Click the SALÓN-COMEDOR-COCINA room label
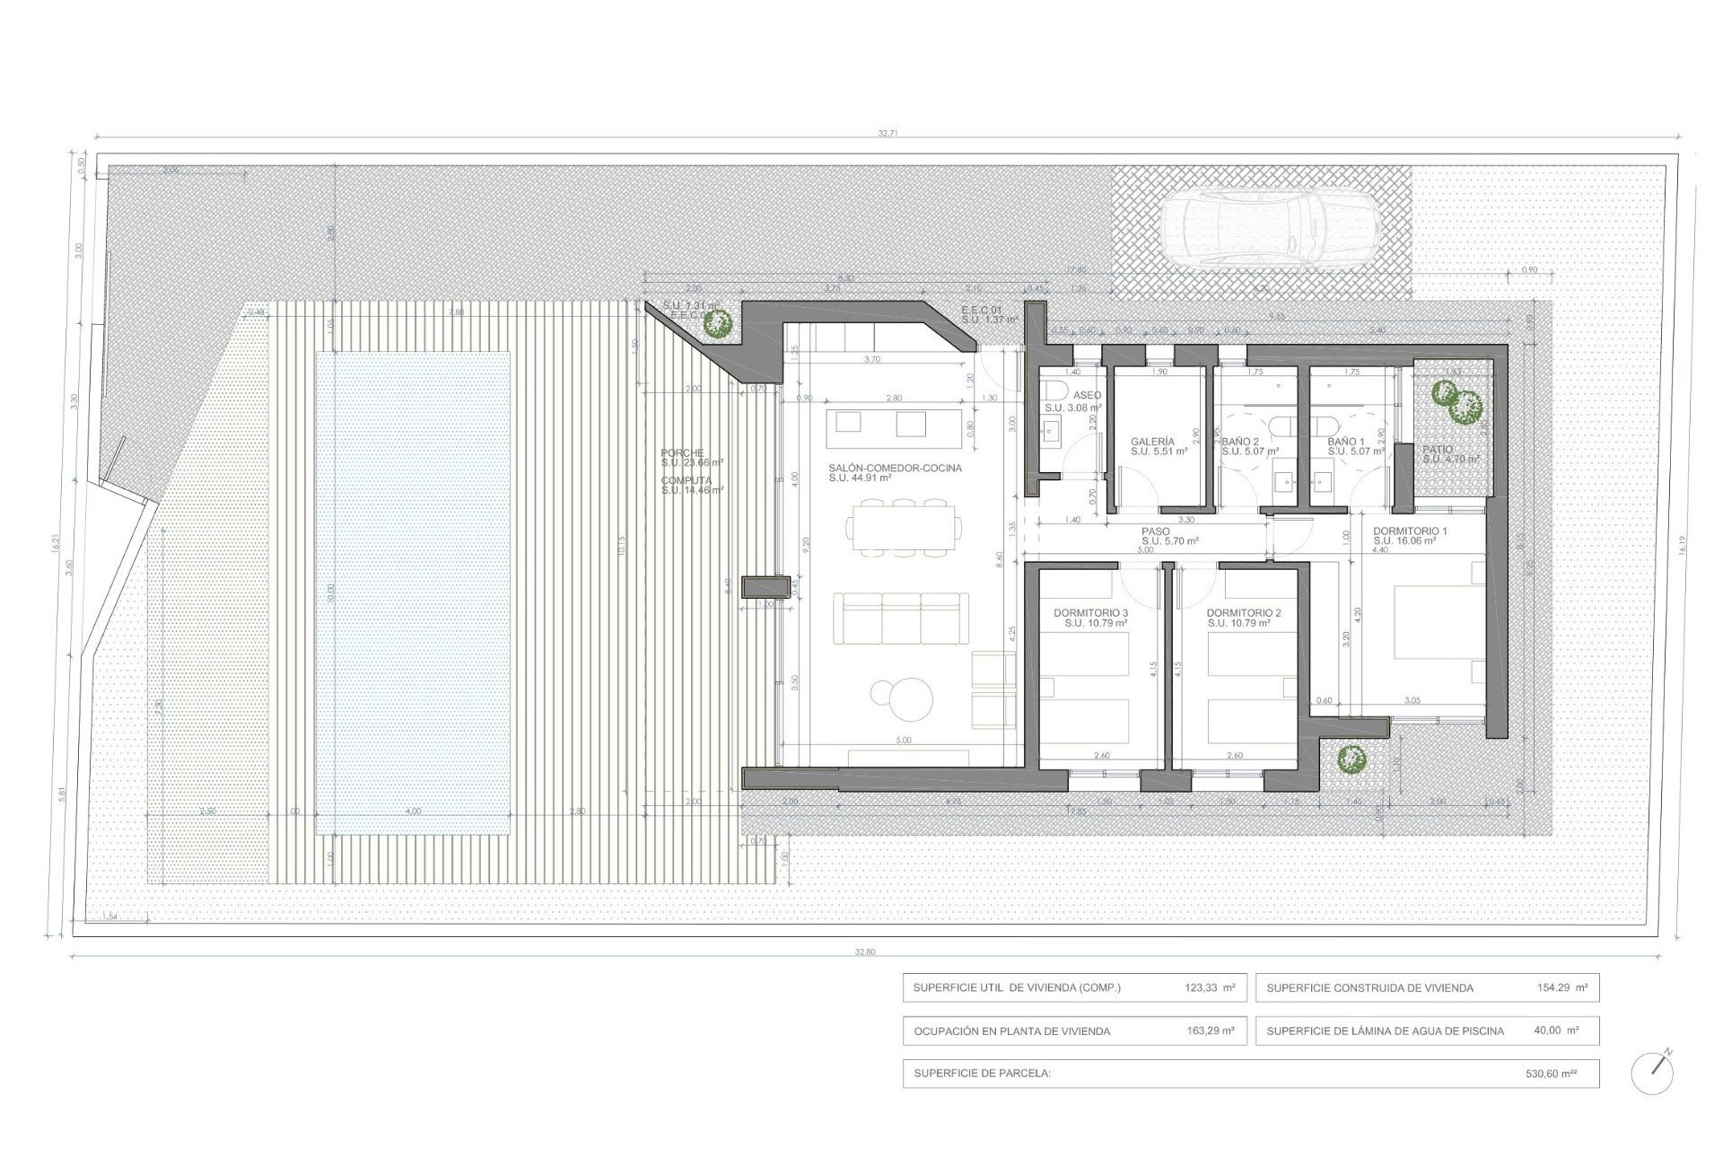[895, 468]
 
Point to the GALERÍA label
[1152, 442]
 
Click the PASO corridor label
[1156, 531]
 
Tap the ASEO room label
[1087, 395]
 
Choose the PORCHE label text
[682, 453]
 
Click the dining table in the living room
[905, 529]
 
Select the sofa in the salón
[901, 618]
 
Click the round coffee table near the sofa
[903, 697]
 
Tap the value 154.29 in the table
[1554, 987]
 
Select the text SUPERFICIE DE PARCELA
[982, 1073]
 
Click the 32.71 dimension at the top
[888, 133]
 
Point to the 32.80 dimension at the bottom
[865, 952]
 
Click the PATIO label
[1438, 450]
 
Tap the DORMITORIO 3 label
[1090, 613]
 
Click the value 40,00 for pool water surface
[1549, 1031]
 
